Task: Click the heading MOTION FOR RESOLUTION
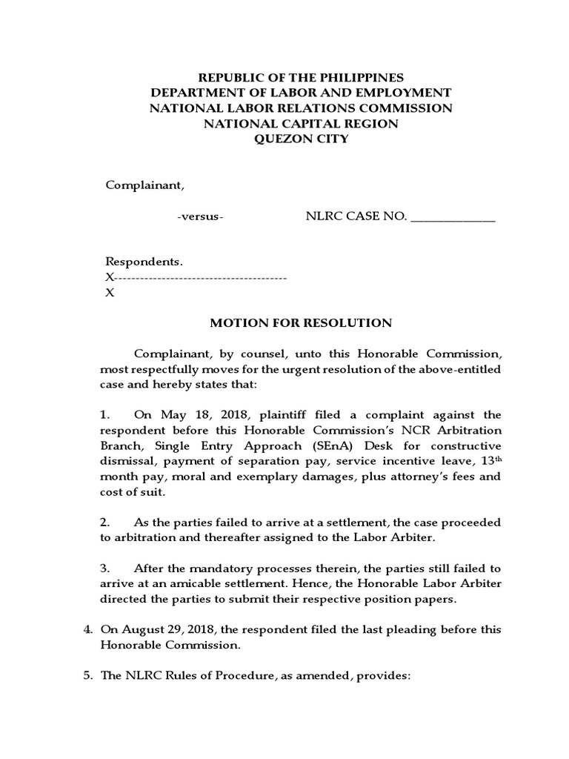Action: pos(301,322)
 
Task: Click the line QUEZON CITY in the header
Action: pos(301,139)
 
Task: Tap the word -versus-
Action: pos(201,216)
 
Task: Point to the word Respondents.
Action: pos(143,262)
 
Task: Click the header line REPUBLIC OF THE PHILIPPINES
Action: pos(301,77)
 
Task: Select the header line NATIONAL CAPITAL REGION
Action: pos(301,123)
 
